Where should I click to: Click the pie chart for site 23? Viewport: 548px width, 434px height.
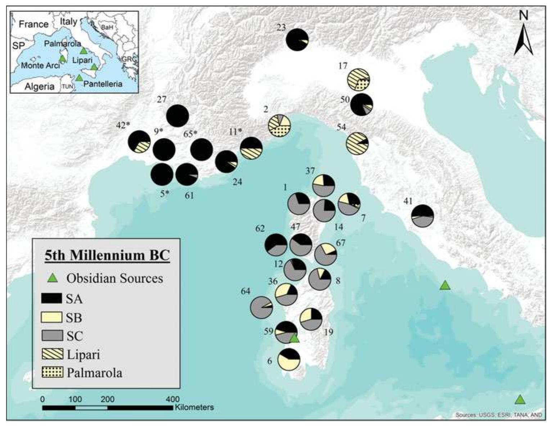(x=297, y=40)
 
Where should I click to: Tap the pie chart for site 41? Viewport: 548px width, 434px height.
(x=422, y=216)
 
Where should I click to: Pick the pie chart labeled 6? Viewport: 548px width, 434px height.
(x=289, y=359)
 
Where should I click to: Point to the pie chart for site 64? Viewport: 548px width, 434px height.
(x=261, y=307)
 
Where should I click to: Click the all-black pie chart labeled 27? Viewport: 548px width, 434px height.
(x=178, y=116)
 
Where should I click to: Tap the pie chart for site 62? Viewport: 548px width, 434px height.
(x=276, y=245)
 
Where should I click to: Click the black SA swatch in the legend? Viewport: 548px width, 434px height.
(x=52, y=298)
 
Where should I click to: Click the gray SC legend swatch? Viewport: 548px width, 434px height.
(x=52, y=335)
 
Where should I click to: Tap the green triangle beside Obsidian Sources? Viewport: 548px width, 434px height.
(x=53, y=278)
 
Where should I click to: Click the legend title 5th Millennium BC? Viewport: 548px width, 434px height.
(x=107, y=255)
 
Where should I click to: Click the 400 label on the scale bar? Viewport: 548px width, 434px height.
(x=172, y=399)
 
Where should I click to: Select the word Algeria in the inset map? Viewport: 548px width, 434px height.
(x=40, y=86)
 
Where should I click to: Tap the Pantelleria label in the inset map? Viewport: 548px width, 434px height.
(x=103, y=84)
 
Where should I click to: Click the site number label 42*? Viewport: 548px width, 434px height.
(x=123, y=125)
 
